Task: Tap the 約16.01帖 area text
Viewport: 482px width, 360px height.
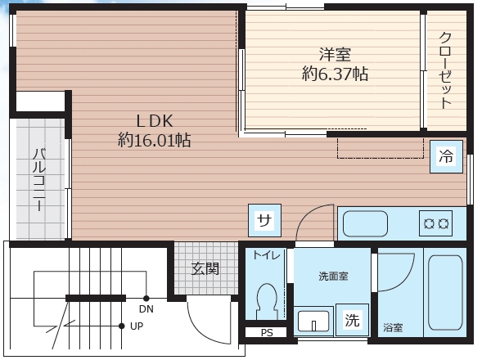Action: [x=154, y=141]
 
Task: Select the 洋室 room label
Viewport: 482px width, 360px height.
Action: [x=334, y=55]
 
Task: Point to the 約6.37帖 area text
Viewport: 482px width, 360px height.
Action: [x=334, y=74]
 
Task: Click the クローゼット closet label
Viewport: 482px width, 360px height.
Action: [x=446, y=70]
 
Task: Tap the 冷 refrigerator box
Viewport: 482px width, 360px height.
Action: [x=446, y=156]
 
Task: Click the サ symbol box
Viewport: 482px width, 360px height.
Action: [x=264, y=219]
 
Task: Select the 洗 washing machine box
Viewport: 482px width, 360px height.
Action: [x=352, y=320]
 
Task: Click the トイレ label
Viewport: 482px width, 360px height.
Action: [x=266, y=256]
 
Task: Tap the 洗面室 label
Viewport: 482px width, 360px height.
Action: [x=333, y=276]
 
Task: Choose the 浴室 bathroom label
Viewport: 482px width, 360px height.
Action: [x=393, y=328]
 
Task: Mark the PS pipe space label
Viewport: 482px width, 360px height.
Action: [x=267, y=333]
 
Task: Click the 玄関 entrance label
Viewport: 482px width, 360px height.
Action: [x=205, y=268]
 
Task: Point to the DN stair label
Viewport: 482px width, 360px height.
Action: [x=146, y=308]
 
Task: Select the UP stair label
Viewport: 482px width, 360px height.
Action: [x=137, y=325]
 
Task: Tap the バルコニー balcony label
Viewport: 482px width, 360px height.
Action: [x=38, y=180]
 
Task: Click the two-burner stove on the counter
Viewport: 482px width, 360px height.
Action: [x=435, y=222]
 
